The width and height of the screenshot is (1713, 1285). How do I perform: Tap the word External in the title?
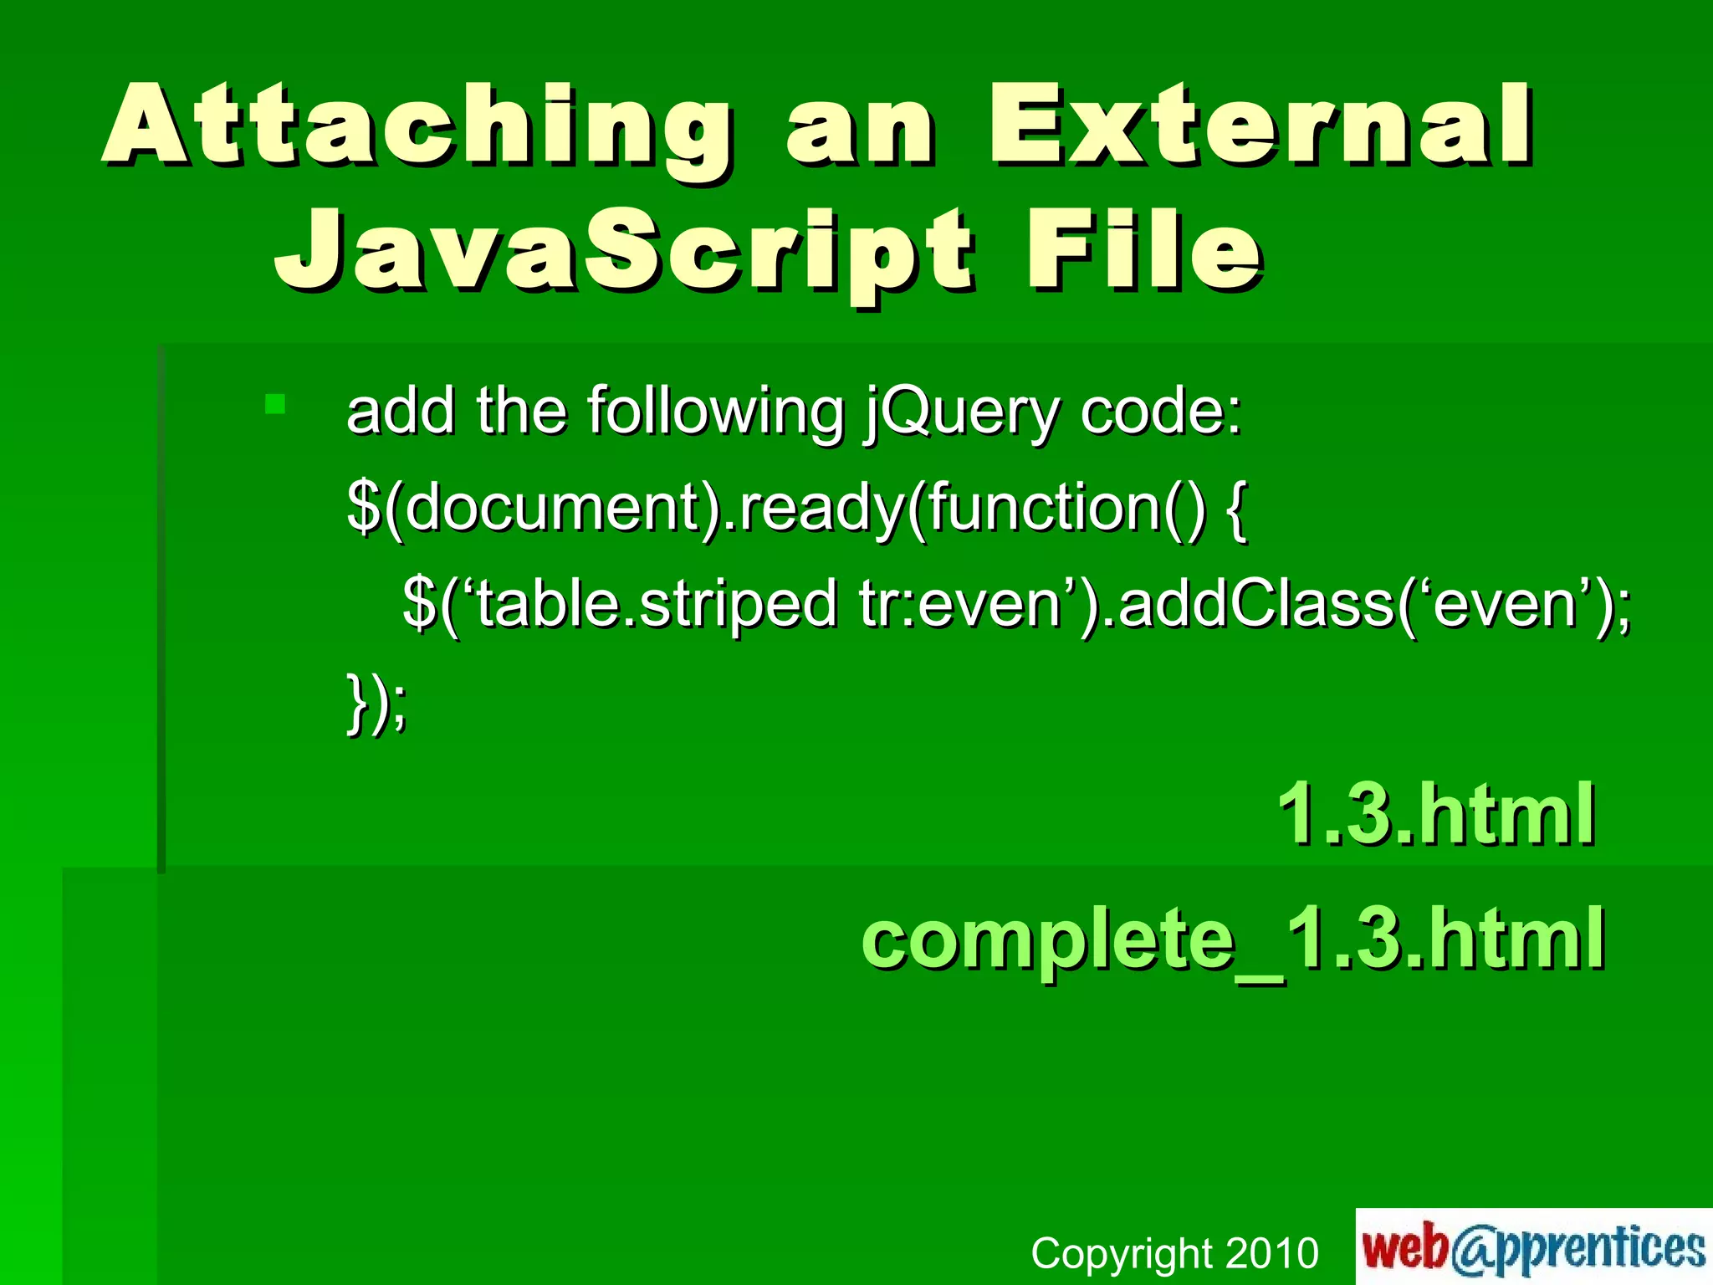(x=1260, y=125)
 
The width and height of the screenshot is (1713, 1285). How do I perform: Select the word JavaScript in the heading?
(x=623, y=252)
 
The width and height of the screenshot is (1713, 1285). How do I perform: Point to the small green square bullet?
(x=275, y=405)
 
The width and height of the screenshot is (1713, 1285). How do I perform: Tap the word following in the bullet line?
(x=715, y=412)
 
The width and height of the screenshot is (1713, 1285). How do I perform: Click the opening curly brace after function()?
(x=1236, y=509)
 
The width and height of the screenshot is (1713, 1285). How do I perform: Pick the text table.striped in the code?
(x=657, y=604)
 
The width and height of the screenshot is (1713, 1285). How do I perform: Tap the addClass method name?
(x=1255, y=604)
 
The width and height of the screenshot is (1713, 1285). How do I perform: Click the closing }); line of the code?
(x=376, y=703)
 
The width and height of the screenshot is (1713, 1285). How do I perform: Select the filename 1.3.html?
(x=1436, y=813)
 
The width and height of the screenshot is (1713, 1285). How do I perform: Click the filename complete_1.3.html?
(x=1232, y=939)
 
